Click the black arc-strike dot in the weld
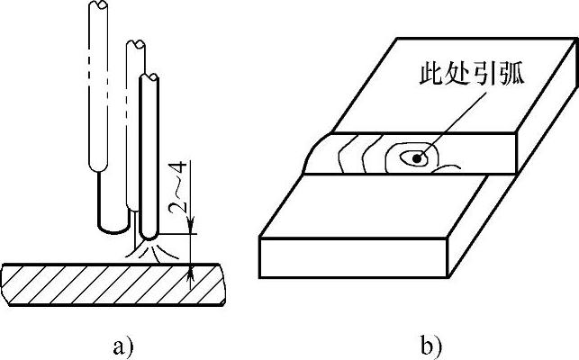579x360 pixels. pos(416,159)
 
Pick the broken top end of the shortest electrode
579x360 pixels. pos(150,78)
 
